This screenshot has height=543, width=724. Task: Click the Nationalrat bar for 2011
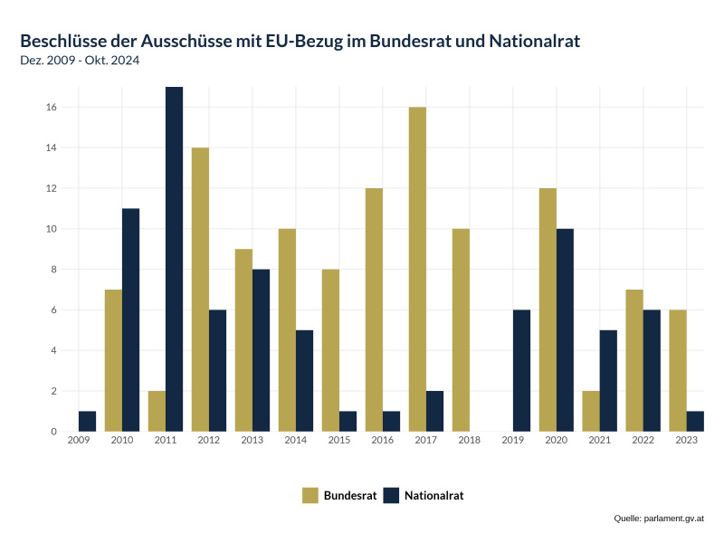tap(174, 259)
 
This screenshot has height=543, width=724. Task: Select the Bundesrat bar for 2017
tap(417, 269)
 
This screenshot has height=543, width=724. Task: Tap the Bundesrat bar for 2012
tap(200, 290)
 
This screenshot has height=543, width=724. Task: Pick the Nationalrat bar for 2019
tap(521, 370)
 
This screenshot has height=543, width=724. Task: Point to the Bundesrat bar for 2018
tap(461, 330)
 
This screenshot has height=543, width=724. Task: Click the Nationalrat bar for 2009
tap(87, 421)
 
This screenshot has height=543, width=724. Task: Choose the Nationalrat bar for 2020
tap(565, 330)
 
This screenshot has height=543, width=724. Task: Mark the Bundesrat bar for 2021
tap(591, 411)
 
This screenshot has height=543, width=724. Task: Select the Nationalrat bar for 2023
tap(695, 421)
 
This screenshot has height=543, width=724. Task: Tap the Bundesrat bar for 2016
tap(374, 310)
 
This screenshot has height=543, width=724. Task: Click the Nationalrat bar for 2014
tap(304, 380)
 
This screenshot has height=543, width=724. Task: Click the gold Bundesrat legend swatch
tap(310, 495)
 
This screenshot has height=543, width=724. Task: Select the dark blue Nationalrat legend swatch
tap(391, 495)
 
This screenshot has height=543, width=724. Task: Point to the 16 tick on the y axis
tap(52, 108)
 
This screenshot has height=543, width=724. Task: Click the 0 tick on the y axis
tap(54, 432)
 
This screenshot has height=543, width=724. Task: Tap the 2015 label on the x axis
tap(339, 441)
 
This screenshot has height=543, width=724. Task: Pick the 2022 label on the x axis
tap(643, 441)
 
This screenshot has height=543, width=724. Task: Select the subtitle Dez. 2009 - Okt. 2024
tap(80, 61)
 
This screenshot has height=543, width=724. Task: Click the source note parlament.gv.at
tap(659, 519)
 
